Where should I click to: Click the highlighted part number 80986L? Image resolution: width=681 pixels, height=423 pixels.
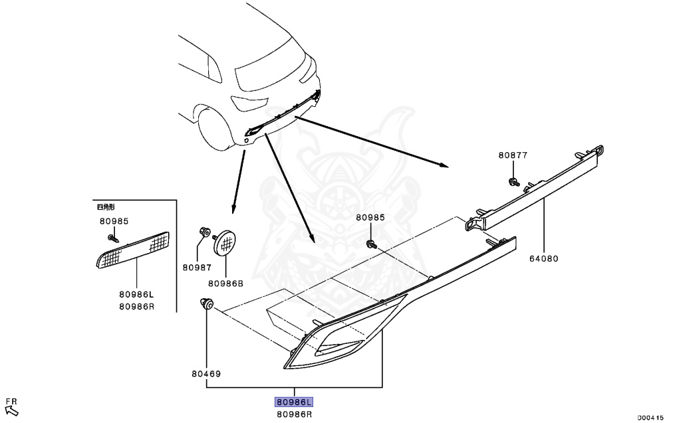[294, 402]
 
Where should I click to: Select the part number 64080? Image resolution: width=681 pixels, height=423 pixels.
[545, 259]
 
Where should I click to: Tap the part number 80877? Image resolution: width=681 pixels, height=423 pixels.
[513, 155]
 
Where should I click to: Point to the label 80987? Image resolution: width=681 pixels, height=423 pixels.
[196, 268]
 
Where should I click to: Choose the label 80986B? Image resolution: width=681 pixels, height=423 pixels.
[226, 284]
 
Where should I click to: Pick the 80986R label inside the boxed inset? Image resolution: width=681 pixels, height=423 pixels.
[136, 306]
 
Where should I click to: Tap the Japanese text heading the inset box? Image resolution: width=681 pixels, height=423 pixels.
[106, 207]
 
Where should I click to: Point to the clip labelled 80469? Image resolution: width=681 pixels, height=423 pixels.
[207, 305]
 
